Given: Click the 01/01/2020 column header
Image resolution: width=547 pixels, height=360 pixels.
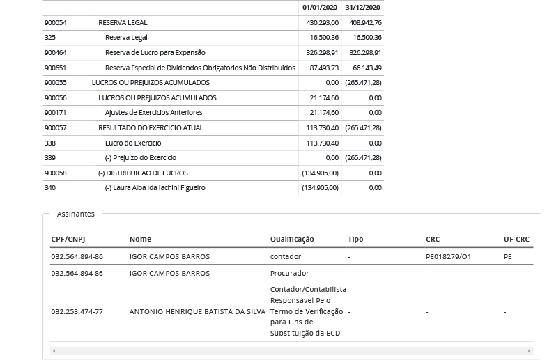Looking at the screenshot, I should (x=320, y=8).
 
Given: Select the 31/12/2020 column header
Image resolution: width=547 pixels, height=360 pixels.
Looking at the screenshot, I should (x=362, y=8).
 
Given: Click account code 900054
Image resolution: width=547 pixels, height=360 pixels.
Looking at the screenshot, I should (x=56, y=22).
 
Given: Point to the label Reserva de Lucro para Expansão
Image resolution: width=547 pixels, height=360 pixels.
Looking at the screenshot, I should (x=155, y=52).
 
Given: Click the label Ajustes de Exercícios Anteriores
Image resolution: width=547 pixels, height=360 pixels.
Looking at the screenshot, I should (x=153, y=112).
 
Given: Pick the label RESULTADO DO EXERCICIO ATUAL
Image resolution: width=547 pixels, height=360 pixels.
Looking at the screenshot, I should (x=151, y=127).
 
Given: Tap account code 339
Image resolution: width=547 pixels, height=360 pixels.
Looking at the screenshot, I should (x=50, y=157).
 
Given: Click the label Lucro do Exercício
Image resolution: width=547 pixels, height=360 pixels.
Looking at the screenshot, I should (x=132, y=143).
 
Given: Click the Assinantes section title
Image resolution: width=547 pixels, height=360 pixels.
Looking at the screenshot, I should (x=75, y=214).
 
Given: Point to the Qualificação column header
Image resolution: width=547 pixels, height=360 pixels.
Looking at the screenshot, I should (x=292, y=239).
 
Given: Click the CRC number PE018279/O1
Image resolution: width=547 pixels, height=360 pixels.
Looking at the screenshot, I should (x=448, y=256).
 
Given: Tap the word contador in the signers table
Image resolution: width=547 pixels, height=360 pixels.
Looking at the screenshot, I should (x=286, y=256).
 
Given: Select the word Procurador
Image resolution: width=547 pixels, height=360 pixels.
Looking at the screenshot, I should (x=289, y=273).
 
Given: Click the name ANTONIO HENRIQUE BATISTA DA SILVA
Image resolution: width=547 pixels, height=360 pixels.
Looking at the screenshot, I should (x=197, y=311).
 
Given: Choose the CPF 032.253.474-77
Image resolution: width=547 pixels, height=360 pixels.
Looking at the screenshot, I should (x=77, y=311).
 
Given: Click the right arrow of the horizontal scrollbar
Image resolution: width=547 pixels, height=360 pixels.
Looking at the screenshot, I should (x=529, y=351).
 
